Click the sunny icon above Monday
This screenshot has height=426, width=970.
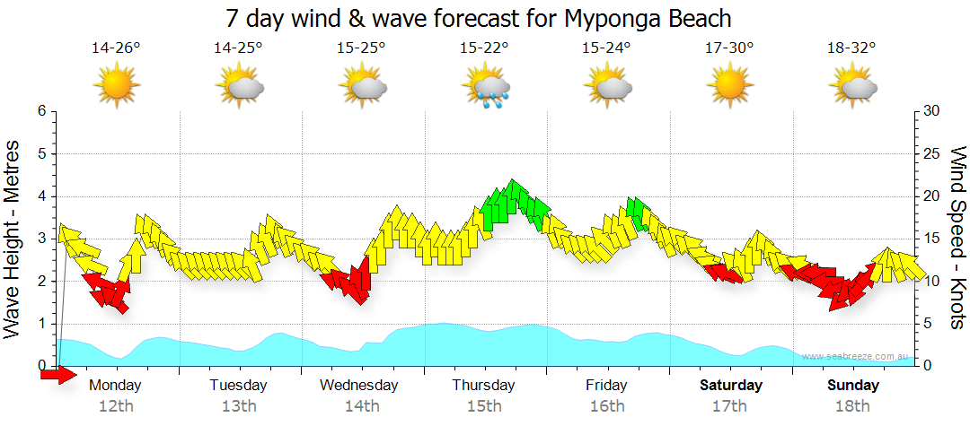coord(117,86)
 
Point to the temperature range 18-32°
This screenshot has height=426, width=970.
coord(851,48)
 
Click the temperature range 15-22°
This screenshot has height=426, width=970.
coord(485,48)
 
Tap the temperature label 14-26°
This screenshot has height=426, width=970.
coord(116,48)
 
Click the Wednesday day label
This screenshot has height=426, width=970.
coord(359,386)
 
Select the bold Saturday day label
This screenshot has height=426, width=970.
coord(730,386)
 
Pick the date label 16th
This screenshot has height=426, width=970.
coord(607,406)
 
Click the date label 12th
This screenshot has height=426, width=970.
coord(117,406)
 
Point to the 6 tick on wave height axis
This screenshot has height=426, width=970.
coord(41,111)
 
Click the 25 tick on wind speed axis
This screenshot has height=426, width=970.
coord(932,153)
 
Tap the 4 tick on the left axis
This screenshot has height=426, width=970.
coord(41,196)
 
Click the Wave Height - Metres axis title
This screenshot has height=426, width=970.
coord(13,238)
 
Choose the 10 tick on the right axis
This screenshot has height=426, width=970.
coord(932,282)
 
